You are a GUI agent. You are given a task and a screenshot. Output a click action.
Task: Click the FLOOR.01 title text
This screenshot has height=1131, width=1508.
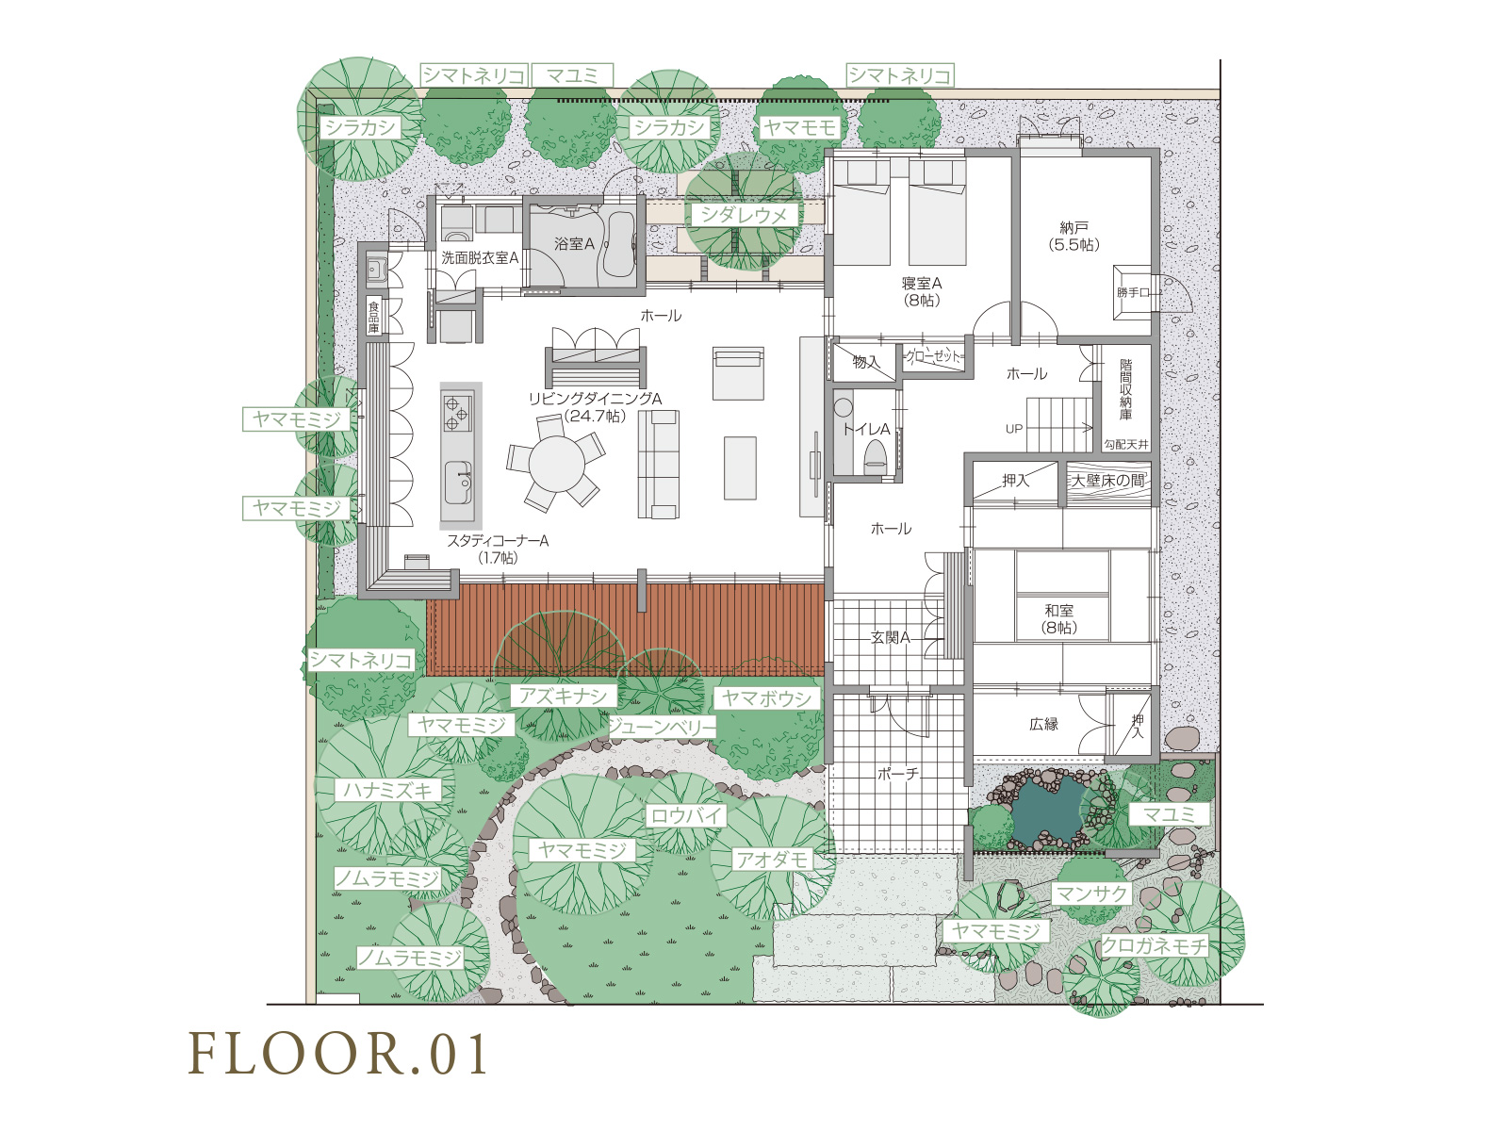click(338, 1054)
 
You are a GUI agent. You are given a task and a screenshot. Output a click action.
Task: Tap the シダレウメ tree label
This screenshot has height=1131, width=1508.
click(744, 215)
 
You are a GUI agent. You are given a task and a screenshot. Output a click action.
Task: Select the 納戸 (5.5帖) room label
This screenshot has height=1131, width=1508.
click(1074, 236)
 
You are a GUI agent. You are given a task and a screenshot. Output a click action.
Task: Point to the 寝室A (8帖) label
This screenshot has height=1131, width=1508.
click(921, 291)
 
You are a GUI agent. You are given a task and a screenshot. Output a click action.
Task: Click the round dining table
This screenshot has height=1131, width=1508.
click(556, 465)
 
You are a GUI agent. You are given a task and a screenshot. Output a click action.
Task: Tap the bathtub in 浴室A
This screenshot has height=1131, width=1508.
click(618, 243)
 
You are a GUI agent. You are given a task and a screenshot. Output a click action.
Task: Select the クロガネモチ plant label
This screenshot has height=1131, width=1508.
click(1155, 945)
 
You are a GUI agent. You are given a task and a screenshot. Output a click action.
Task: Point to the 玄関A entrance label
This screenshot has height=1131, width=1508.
click(891, 637)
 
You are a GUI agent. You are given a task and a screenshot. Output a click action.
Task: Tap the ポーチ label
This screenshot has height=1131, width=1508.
click(898, 773)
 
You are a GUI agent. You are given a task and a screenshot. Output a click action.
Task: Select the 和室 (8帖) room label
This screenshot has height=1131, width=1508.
click(1058, 618)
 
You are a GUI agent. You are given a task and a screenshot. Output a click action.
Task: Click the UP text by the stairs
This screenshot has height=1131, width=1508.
click(1014, 429)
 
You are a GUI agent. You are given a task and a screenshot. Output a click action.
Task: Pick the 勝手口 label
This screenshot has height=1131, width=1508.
click(1133, 292)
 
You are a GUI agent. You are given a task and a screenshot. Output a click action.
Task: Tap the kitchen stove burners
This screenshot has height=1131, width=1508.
click(457, 411)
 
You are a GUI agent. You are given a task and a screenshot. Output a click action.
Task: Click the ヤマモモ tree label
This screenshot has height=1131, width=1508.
click(799, 127)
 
